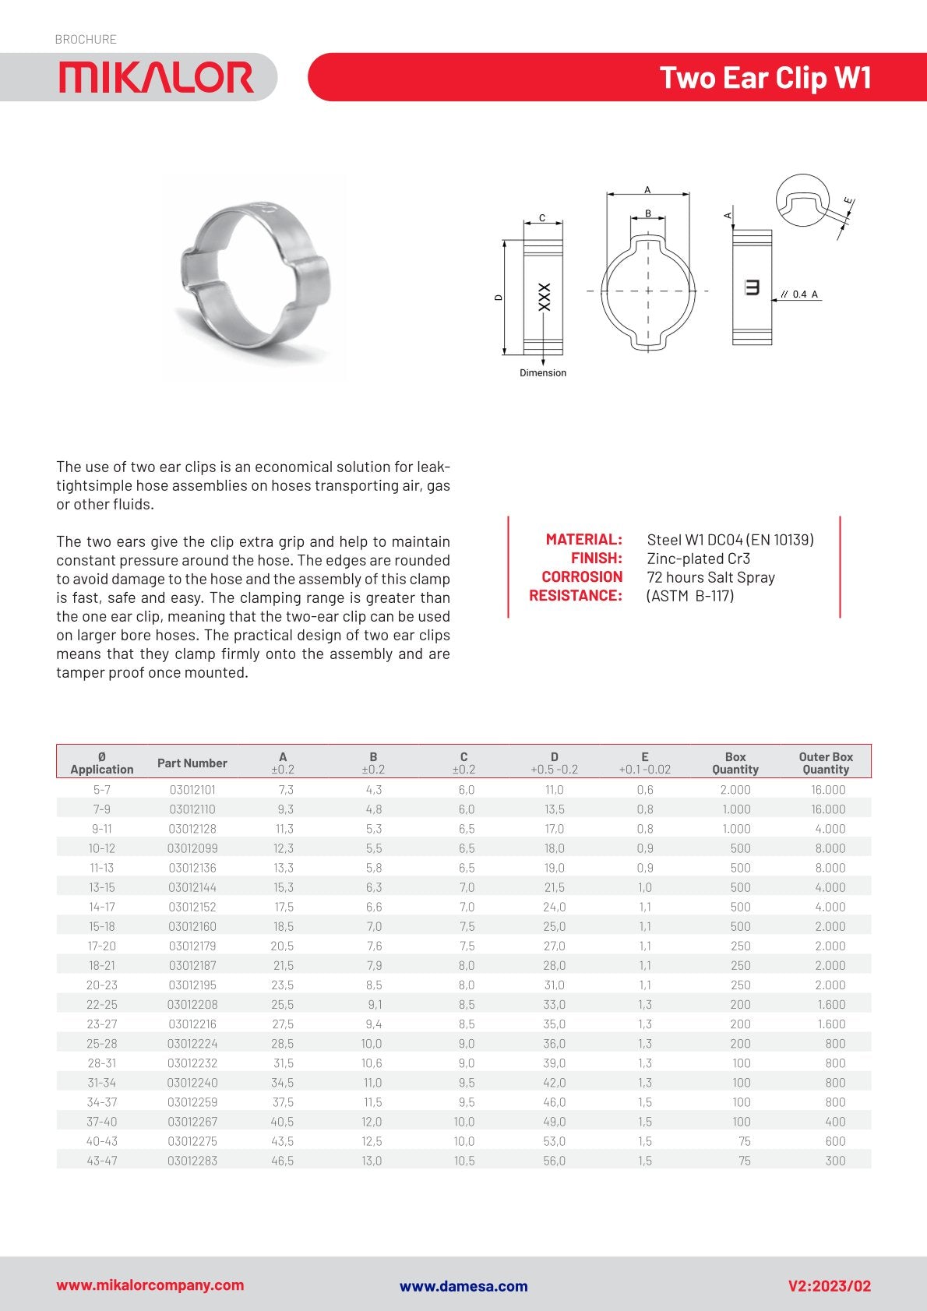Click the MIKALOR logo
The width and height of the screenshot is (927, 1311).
click(156, 78)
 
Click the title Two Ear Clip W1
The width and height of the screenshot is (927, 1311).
click(765, 78)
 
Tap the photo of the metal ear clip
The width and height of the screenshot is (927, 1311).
click(256, 277)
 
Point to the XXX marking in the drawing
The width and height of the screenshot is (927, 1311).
click(544, 297)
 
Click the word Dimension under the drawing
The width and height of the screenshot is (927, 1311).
click(543, 373)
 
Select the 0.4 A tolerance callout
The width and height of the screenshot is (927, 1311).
click(805, 294)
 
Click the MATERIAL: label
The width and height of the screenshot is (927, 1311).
click(583, 539)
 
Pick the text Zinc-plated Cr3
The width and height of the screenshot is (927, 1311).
click(698, 559)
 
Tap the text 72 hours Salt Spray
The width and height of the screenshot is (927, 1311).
click(710, 577)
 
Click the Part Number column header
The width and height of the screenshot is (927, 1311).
click(192, 763)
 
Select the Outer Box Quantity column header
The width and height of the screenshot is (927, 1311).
click(826, 763)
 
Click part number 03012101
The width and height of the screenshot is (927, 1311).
click(192, 790)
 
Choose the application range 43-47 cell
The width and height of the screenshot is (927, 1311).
click(102, 1161)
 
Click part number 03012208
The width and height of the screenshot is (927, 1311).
click(192, 1005)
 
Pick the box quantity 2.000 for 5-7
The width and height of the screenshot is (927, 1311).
click(735, 790)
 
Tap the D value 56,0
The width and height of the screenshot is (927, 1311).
click(554, 1161)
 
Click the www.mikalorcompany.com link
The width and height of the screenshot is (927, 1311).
click(150, 1285)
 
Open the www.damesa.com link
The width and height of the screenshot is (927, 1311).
click(463, 1286)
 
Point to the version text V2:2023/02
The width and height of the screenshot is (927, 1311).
click(829, 1286)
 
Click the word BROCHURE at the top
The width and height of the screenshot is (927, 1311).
click(86, 39)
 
